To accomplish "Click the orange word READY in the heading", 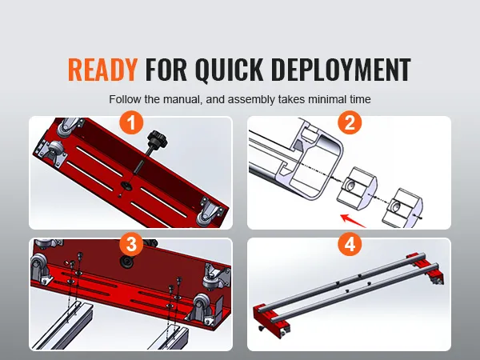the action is pos(102,70).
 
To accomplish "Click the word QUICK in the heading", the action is pos(229,70).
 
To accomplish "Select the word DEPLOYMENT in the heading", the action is pos(341,70).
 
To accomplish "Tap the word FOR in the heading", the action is pos(166,70).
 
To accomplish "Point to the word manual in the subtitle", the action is pos(182,99).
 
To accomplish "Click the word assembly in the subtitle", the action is pos(251,100).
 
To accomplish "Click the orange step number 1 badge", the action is pos(131,122).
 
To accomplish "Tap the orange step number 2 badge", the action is pos(350,122).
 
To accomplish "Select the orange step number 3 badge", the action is pos(131,244).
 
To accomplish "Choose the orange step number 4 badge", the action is pos(350,244).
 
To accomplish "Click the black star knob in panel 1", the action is pos(157,140).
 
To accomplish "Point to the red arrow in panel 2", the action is pos(354,222).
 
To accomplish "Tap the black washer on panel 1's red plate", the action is pos(126,186).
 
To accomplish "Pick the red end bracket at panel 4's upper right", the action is pos(426,267).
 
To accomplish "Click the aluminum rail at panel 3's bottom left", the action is pos(62,326).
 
